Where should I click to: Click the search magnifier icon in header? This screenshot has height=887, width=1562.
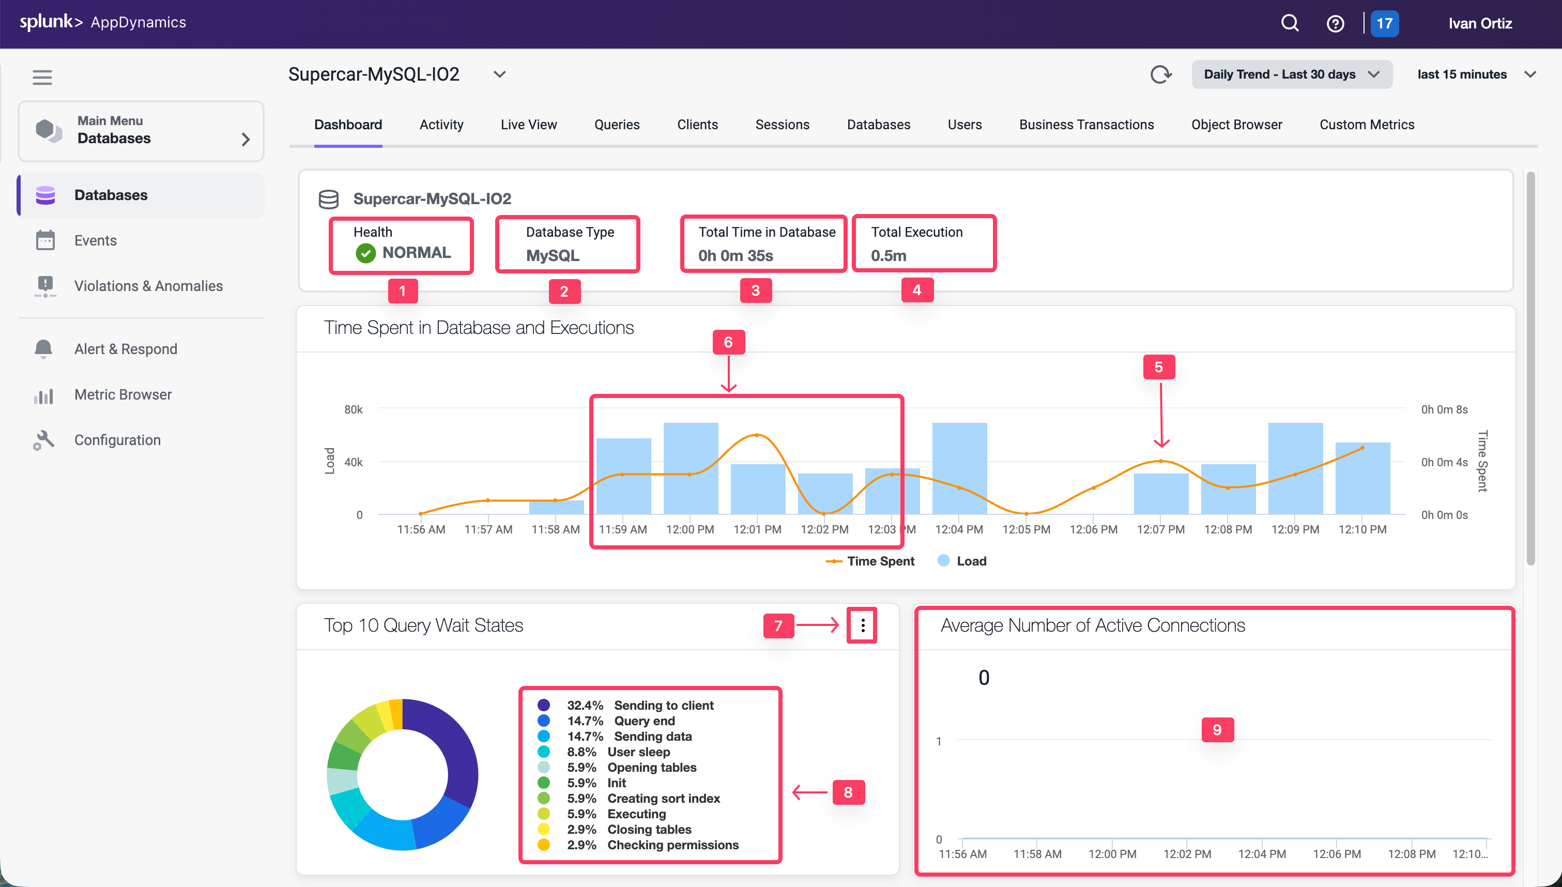click(x=1289, y=23)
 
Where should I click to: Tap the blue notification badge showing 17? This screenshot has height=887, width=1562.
click(x=1384, y=24)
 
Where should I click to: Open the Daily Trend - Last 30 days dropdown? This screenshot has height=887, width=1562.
click(x=1291, y=74)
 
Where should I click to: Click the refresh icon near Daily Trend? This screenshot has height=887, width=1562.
click(x=1160, y=74)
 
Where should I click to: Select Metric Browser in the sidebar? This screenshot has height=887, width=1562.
click(x=122, y=395)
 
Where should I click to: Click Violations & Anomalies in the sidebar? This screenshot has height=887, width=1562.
click(x=148, y=286)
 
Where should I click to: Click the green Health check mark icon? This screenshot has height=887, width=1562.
click(x=365, y=253)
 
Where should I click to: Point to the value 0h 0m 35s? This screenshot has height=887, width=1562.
click(x=735, y=256)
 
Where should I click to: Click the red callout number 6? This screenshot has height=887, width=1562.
click(x=728, y=342)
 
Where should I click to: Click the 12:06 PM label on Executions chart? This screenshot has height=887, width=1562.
click(x=1093, y=529)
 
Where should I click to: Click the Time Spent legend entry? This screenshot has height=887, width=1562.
click(x=871, y=561)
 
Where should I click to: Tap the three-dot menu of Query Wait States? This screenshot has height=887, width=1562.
click(x=862, y=625)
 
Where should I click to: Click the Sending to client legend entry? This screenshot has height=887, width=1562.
click(x=663, y=705)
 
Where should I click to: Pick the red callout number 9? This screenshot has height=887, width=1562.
click(x=1216, y=729)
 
